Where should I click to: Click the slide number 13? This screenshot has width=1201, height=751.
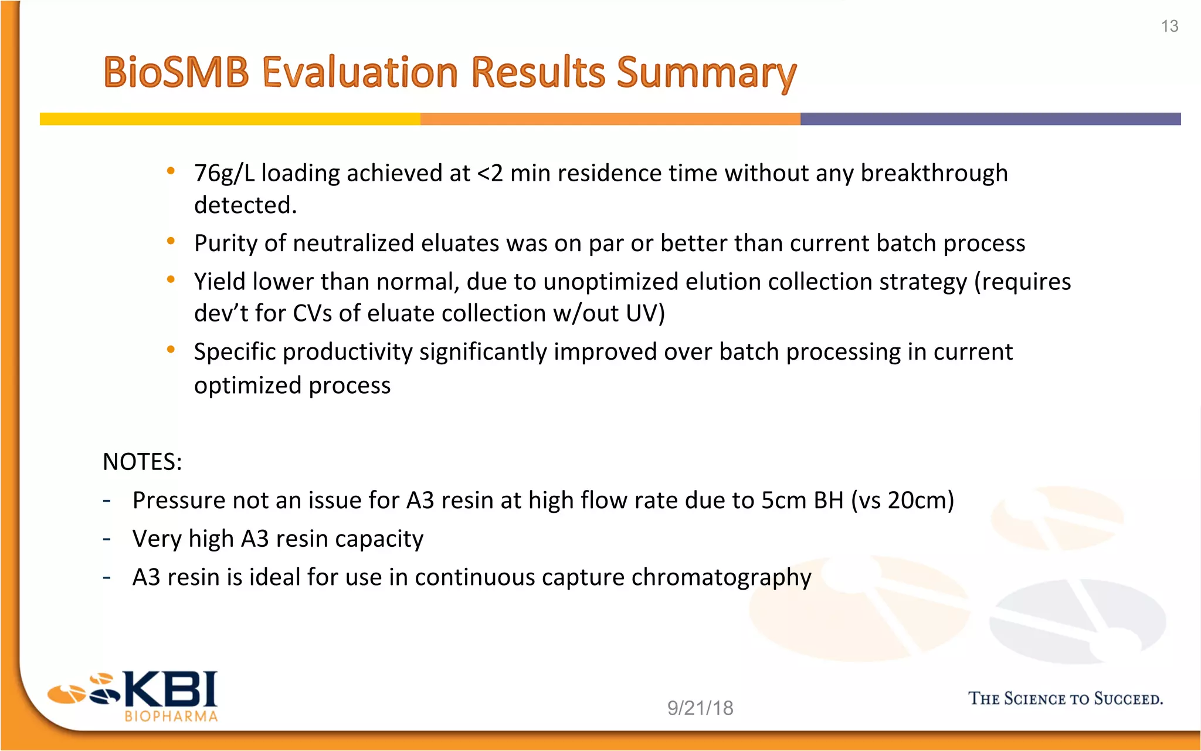click(x=1169, y=26)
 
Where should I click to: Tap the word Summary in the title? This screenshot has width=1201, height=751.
click(x=706, y=73)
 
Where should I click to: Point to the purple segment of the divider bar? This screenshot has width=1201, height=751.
click(x=990, y=119)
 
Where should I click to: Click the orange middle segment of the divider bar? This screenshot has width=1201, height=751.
click(x=610, y=119)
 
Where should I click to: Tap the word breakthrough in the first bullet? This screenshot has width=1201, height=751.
click(x=934, y=174)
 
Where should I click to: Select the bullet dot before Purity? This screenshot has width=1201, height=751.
click(x=171, y=241)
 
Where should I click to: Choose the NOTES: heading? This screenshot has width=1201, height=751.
click(x=143, y=462)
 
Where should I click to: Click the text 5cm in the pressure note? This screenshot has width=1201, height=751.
click(x=783, y=500)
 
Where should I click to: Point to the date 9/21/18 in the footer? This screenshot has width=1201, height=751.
click(x=700, y=708)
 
